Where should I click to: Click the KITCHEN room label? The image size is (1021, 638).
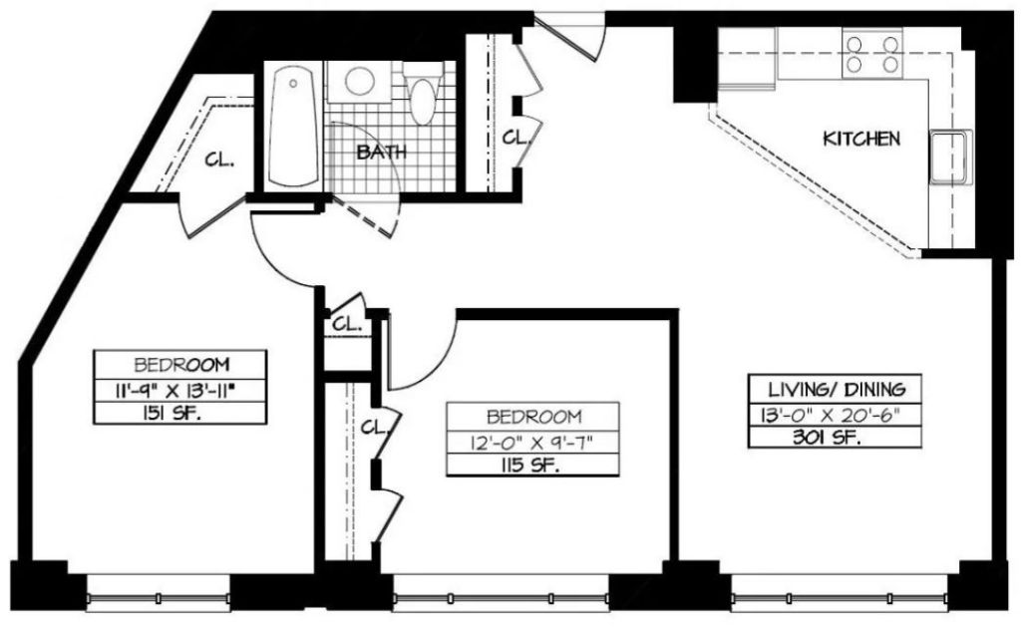pyautogui.click(x=861, y=139)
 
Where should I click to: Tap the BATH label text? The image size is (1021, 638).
pyautogui.click(x=382, y=153)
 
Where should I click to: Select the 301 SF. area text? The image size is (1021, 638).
pyautogui.click(x=827, y=438)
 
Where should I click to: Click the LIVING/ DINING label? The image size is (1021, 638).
pyautogui.click(x=837, y=390)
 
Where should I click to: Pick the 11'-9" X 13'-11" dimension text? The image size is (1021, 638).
pyautogui.click(x=179, y=390)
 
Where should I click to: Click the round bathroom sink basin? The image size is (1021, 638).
pyautogui.click(x=359, y=82)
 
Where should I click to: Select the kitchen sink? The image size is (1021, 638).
pyautogui.click(x=950, y=157)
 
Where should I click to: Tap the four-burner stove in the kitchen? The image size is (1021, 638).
pyautogui.click(x=872, y=54)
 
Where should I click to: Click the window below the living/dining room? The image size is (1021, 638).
pyautogui.click(x=840, y=593)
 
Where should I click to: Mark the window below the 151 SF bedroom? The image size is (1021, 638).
pyautogui.click(x=159, y=593)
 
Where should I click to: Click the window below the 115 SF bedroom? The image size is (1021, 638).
pyautogui.click(x=502, y=593)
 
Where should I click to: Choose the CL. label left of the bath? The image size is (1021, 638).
pyautogui.click(x=219, y=159)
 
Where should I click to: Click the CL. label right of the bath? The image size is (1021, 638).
pyautogui.click(x=515, y=138)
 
